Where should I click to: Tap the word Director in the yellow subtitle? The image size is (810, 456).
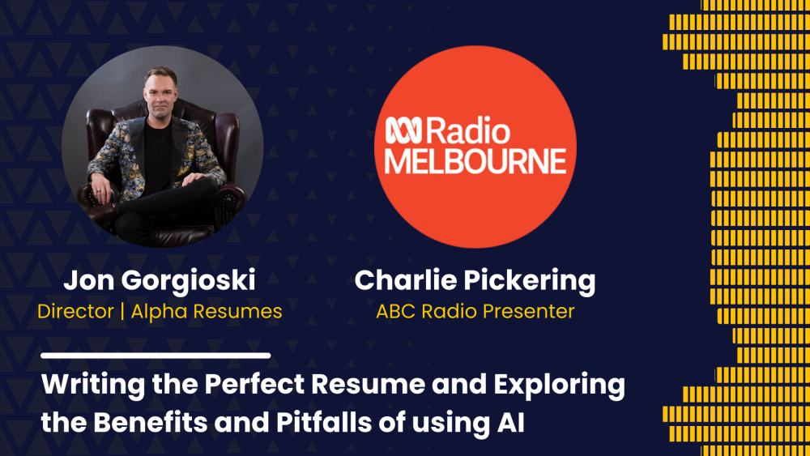pos(75,311)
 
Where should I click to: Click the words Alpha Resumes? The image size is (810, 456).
pos(207,312)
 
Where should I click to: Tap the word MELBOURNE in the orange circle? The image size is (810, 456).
pos(475,161)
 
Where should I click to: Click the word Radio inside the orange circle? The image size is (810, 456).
pos(467,131)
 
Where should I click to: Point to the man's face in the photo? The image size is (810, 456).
pos(160,92)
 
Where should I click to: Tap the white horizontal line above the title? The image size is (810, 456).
pos(156,356)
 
